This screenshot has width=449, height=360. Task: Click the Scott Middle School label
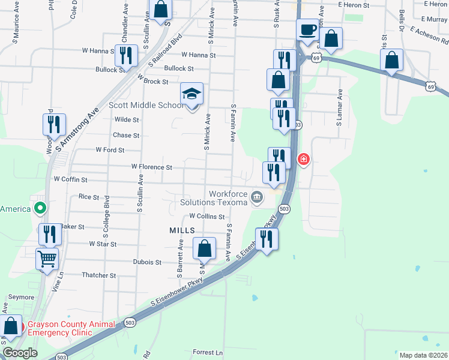146,106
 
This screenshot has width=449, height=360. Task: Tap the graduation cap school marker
192,95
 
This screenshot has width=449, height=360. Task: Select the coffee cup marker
307,30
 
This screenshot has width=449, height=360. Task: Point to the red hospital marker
304,159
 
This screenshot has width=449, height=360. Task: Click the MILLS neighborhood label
182,230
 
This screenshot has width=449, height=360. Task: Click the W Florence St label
152,167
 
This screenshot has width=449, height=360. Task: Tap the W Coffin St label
71,179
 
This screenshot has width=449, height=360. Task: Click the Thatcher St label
98,275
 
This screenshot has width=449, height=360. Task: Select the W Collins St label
206,217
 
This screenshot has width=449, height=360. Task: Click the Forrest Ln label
208,352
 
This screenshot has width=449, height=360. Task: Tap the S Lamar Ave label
340,108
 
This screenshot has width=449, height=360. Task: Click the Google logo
19,353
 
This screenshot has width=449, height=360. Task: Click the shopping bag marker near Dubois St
204,248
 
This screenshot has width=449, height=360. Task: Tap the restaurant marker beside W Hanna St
125,56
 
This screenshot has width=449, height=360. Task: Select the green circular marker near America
40,209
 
